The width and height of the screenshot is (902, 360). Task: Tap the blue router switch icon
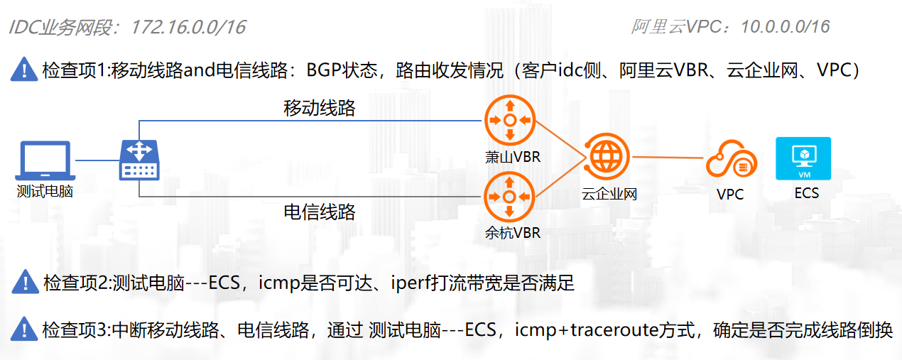point(139,160)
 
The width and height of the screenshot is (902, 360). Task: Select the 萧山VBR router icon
point(509,121)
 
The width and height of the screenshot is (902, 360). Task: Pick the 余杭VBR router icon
point(509,198)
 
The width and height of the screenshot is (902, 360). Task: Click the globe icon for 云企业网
point(606,156)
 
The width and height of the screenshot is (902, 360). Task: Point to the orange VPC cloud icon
point(730,160)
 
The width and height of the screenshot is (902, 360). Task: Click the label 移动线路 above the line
point(320,109)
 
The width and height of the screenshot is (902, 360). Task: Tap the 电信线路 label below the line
point(320,212)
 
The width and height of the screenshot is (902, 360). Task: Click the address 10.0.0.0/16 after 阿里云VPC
point(785,27)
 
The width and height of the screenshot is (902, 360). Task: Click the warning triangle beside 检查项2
point(24,282)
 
